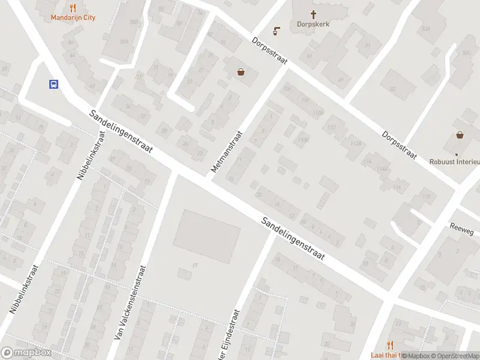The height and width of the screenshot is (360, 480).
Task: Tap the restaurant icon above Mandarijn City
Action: [x=73, y=8]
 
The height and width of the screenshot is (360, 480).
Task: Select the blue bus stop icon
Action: [x=53, y=85]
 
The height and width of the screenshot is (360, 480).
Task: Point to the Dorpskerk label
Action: [x=313, y=25]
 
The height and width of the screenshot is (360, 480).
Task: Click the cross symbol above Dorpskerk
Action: [x=313, y=14]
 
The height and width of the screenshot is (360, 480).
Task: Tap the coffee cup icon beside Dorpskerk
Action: [x=277, y=29]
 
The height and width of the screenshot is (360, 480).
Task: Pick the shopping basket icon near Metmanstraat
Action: [x=241, y=72]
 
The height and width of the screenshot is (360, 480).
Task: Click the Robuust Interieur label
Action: [x=455, y=161]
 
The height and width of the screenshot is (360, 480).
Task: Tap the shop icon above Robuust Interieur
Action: [x=460, y=135]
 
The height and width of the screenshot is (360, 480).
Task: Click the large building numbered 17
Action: [x=206, y=235]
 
